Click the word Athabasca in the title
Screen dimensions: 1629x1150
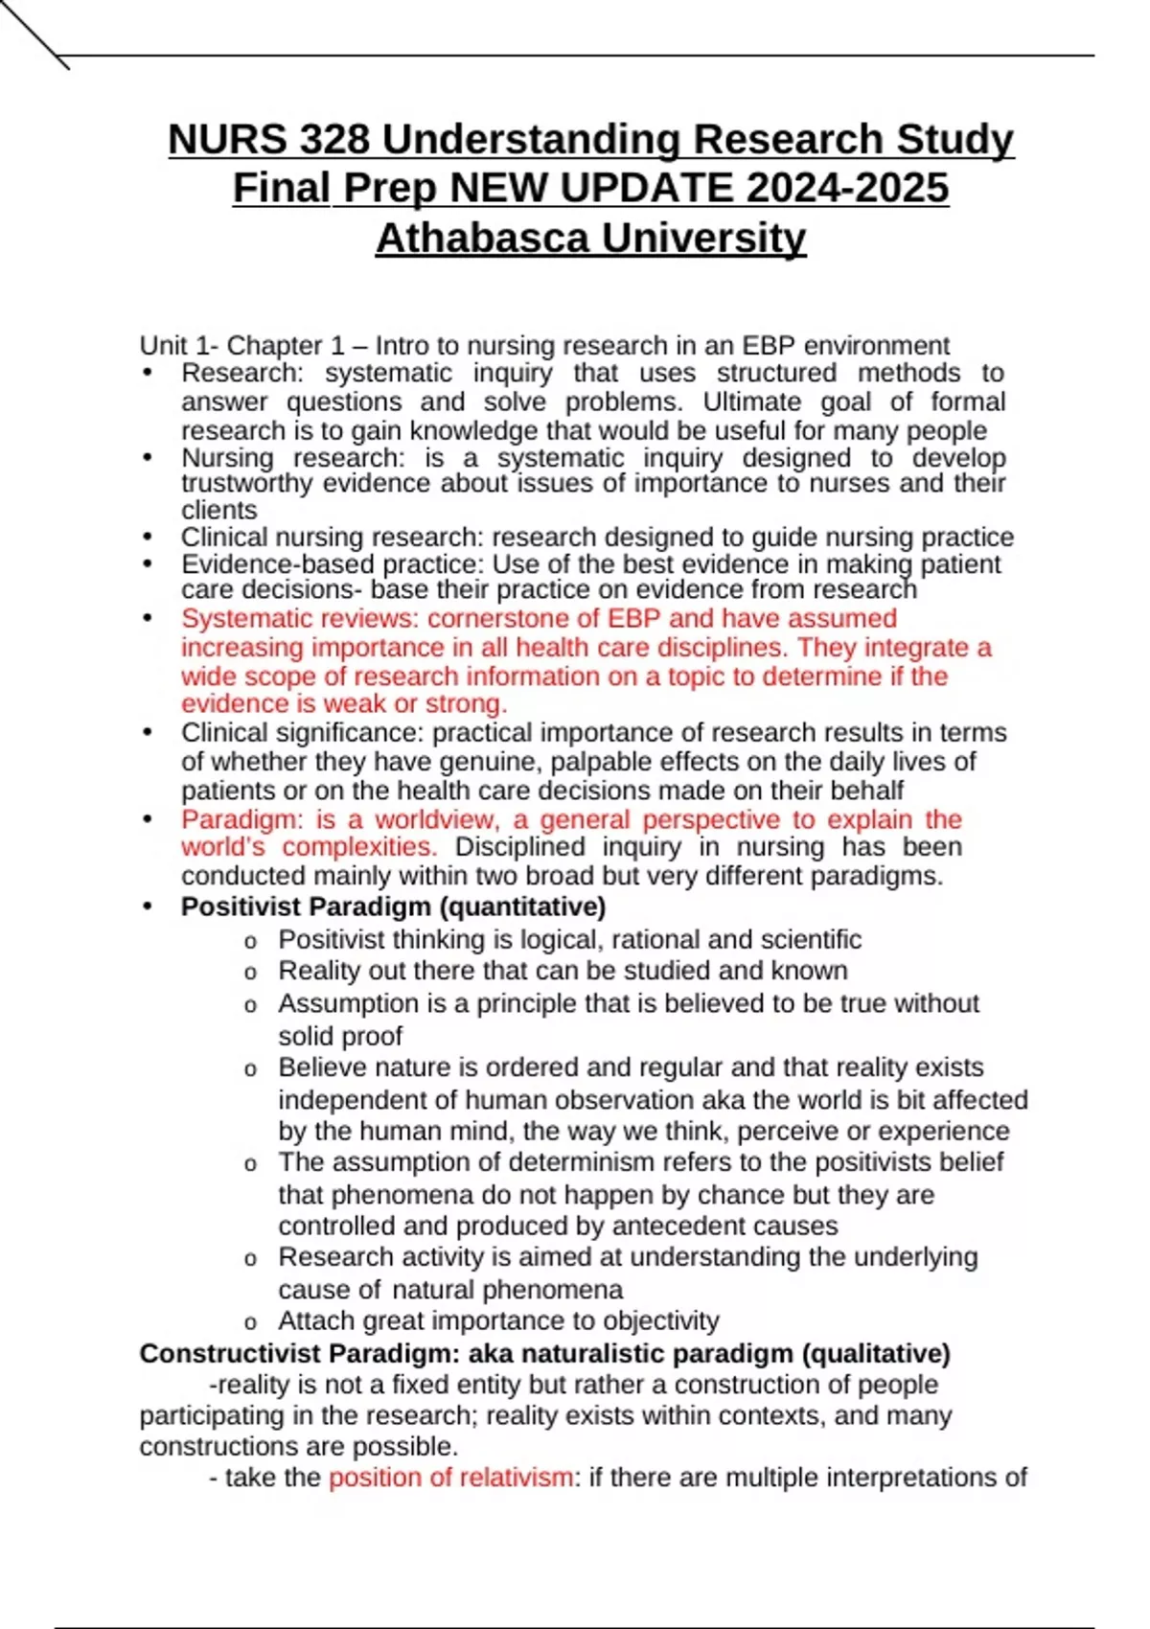481,238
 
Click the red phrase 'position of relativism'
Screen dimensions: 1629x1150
450,1478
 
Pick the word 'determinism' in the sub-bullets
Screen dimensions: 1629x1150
544,1162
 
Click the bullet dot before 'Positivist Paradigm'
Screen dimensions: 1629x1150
147,906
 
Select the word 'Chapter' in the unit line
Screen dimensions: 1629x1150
274,346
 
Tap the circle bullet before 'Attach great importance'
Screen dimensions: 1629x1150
250,1323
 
